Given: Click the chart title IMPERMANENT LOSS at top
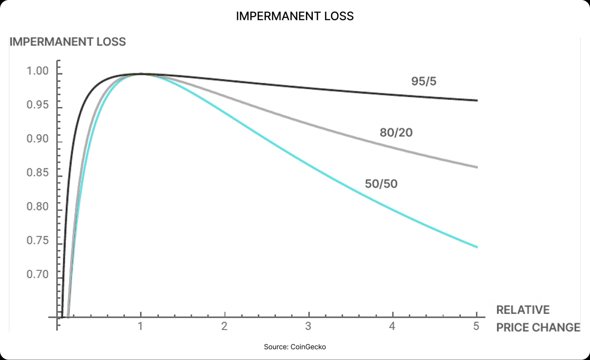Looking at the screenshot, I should (x=295, y=16).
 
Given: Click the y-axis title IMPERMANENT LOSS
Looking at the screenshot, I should (x=68, y=42).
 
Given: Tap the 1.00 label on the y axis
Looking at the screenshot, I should (x=37, y=71).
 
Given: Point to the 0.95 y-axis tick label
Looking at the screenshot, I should (x=37, y=105).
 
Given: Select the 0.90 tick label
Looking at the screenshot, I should (x=37, y=139).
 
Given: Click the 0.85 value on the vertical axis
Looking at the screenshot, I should (x=37, y=173).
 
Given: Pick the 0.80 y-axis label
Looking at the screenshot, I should (x=37, y=206).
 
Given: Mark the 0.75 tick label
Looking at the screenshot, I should (x=37, y=240).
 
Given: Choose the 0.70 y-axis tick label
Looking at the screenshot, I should (x=37, y=274).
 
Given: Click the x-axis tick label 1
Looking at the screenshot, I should (x=140, y=326).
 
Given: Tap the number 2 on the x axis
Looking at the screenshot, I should (x=224, y=326).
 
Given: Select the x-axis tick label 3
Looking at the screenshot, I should (x=308, y=326).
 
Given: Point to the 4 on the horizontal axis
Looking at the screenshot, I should (x=392, y=326).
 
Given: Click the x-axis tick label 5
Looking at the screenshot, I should (x=476, y=326).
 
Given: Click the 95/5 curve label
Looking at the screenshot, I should (x=424, y=81).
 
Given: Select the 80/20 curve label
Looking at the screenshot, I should (x=396, y=133).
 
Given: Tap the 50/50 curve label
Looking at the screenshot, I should (x=381, y=184).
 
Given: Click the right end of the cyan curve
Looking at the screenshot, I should (x=477, y=247).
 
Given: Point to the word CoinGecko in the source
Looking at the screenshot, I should (x=308, y=347).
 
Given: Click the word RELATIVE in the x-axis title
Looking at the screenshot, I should (x=523, y=310).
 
